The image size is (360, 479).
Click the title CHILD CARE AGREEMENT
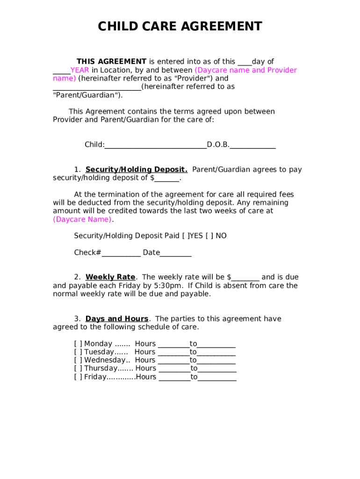pyautogui.click(x=180, y=26)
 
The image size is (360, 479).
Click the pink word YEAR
pyautogui.click(x=79, y=70)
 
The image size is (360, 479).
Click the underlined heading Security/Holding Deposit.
pyautogui.click(x=137, y=169)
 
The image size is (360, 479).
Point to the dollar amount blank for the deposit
pyautogui.click(x=167, y=178)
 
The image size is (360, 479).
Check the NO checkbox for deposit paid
pyautogui.click(x=209, y=236)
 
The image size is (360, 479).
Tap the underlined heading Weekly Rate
pyautogui.click(x=110, y=277)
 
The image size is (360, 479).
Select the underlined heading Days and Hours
pyautogui.click(x=117, y=319)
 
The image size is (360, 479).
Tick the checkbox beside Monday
pyautogui.click(x=78, y=344)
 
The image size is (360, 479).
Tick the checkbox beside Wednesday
pyautogui.click(x=78, y=360)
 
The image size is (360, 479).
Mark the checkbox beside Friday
pyautogui.click(x=78, y=377)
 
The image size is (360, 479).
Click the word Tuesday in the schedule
pyautogui.click(x=99, y=352)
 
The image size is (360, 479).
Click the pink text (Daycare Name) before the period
pyautogui.click(x=82, y=219)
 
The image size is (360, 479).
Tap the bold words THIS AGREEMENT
pyautogui.click(x=111, y=62)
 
